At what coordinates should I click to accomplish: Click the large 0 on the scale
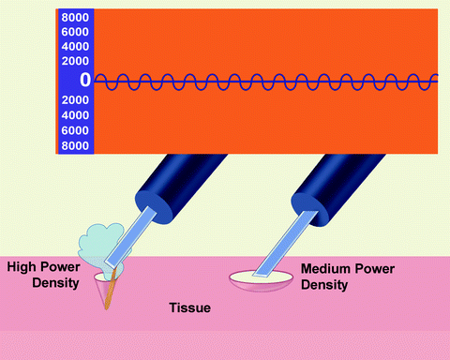[x=84, y=81]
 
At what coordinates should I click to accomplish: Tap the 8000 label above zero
[x=75, y=18]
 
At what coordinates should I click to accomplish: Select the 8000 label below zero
[x=75, y=146]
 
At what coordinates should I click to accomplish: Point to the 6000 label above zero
[x=75, y=32]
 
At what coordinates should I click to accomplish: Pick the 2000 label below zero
[x=75, y=101]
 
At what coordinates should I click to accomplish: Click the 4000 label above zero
[x=75, y=46]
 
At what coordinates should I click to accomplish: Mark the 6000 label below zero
[x=75, y=131]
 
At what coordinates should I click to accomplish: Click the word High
[x=23, y=267]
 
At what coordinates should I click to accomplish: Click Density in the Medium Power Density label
[x=323, y=283]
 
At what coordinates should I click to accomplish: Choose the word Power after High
[x=64, y=267]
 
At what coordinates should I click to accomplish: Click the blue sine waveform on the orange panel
[x=262, y=82]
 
